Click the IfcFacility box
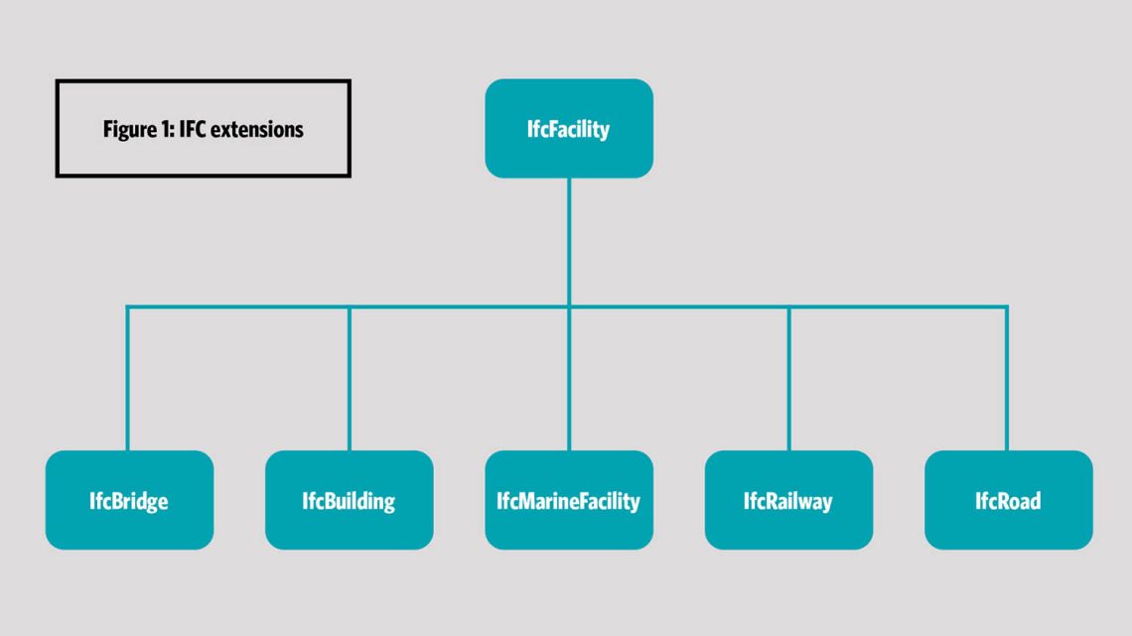pyautogui.click(x=569, y=129)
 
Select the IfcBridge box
pyautogui.click(x=129, y=500)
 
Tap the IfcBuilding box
pyautogui.click(x=349, y=500)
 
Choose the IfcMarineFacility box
pyautogui.click(x=569, y=500)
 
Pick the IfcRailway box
pyautogui.click(x=788, y=500)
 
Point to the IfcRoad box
pyautogui.click(x=1008, y=500)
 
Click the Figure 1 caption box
pyautogui.click(x=203, y=129)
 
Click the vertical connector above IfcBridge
pyautogui.click(x=128, y=377)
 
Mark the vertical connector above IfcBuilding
pyautogui.click(x=349, y=377)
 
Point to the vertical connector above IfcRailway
pyautogui.click(x=788, y=377)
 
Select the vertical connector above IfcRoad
pyautogui.click(x=1007, y=377)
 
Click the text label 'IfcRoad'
pyautogui.click(x=1008, y=501)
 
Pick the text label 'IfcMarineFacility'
pyautogui.click(x=569, y=501)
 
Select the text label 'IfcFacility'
pyautogui.click(x=569, y=129)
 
